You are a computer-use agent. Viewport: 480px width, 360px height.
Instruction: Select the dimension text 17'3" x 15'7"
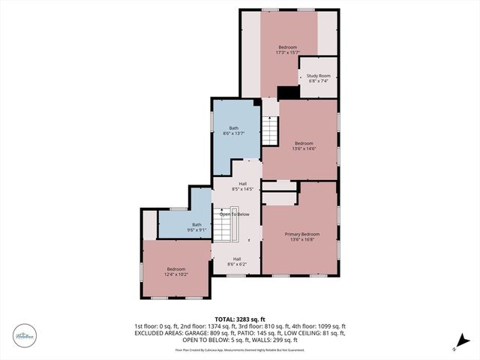pos(288,52)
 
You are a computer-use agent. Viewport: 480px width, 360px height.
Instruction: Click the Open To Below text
pos(234,214)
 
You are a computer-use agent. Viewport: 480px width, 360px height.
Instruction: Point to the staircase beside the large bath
pos(269,132)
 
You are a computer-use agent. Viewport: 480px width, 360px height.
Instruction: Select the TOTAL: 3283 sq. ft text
pos(240,319)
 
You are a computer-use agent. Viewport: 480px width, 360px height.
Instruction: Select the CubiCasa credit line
pos(239,349)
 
